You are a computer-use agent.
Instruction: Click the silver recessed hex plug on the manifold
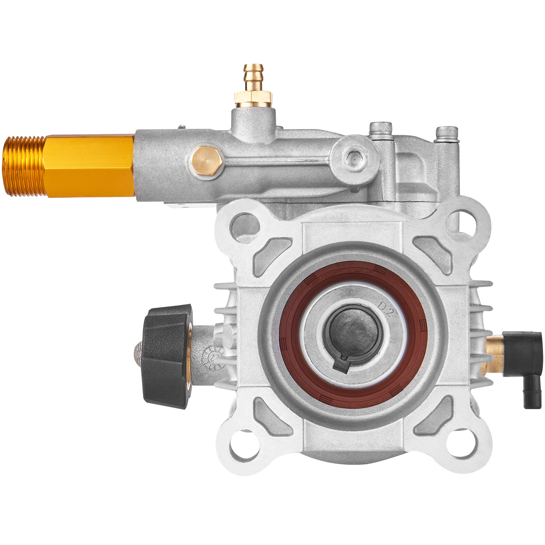click(x=352, y=157)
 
